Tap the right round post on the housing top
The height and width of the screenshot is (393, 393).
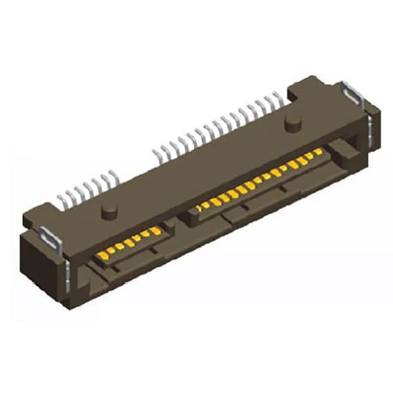click(292, 122)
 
